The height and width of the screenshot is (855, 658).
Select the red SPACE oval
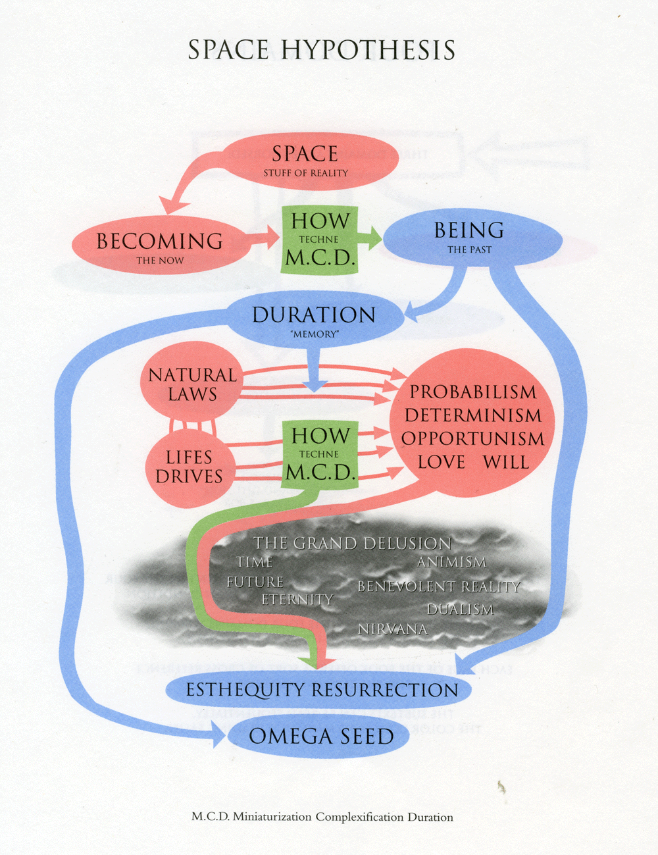point(306,161)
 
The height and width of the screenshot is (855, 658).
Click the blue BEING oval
point(470,237)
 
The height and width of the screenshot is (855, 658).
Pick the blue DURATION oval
point(315,319)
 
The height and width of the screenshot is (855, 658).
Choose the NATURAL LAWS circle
point(191,384)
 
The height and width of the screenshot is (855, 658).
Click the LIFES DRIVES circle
point(189,467)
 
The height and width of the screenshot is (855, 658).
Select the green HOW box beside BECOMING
point(320,239)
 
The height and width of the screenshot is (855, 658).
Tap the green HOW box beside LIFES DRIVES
point(320,453)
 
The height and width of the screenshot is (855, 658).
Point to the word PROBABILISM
point(473,392)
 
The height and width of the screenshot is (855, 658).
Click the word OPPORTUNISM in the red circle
point(473,438)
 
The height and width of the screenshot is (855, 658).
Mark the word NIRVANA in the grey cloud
point(392,629)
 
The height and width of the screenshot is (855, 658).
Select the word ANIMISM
point(451,562)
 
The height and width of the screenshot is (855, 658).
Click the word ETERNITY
point(297,600)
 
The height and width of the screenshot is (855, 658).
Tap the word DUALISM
point(460,609)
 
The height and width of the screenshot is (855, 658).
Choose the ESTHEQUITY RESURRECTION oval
point(321,690)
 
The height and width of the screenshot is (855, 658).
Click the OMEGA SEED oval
point(320,736)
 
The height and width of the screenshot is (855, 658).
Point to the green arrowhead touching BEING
point(375,238)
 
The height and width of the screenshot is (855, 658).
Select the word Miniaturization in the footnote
point(272,817)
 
